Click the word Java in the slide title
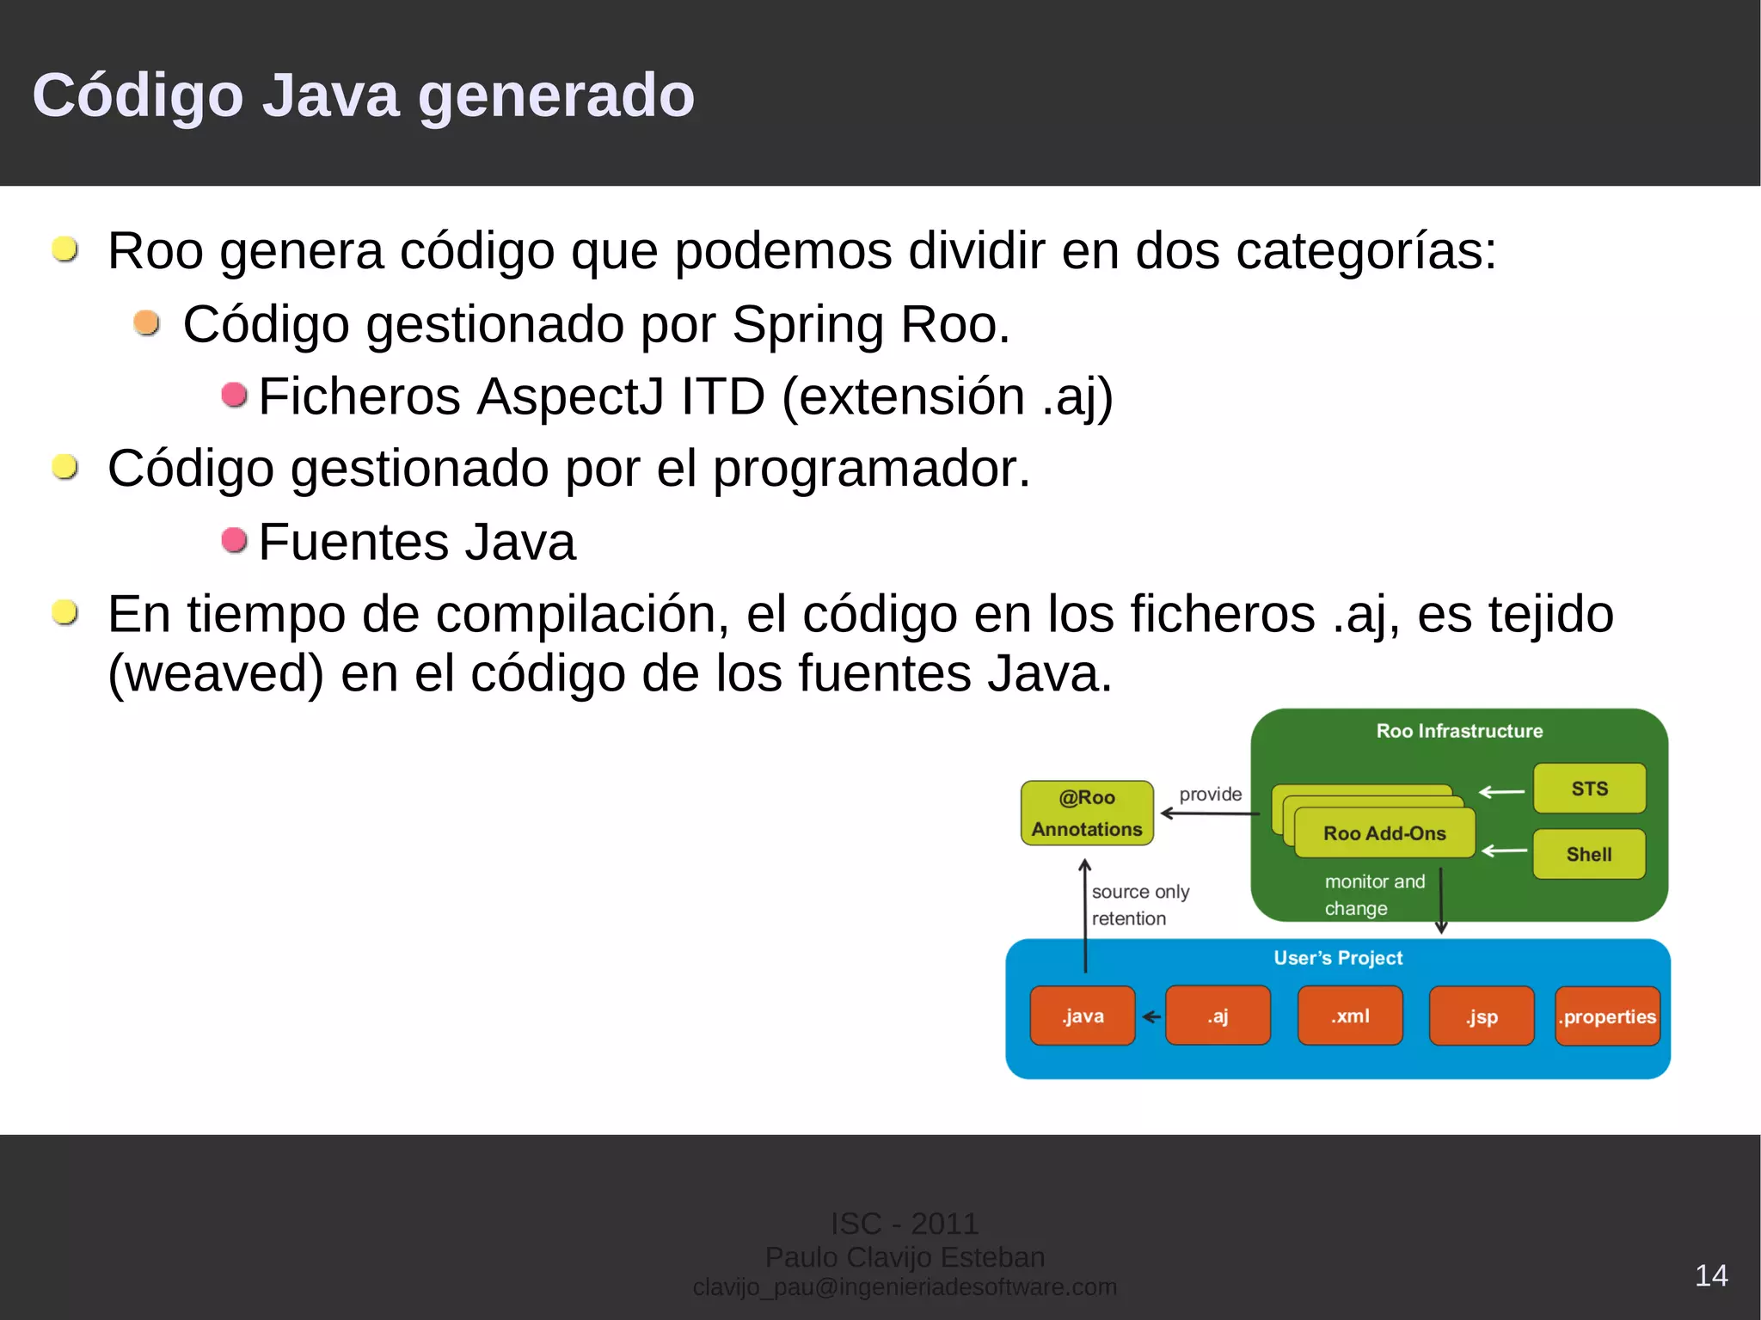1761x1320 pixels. click(330, 95)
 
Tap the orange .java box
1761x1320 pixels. click(1082, 1016)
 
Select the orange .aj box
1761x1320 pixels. click(1218, 1016)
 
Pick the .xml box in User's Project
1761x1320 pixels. click(1350, 1016)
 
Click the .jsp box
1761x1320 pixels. click(1482, 1016)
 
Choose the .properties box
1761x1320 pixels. click(1607, 1016)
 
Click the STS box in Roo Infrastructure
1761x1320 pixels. click(1589, 789)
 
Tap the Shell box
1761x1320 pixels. click(1589, 854)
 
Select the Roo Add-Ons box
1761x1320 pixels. click(1384, 832)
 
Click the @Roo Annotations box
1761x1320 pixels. click(1087, 813)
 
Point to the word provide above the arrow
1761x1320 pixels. click(1210, 794)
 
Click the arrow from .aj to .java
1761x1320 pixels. click(1150, 1016)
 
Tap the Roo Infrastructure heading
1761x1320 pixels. click(1459, 731)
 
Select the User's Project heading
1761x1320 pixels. click(1338, 957)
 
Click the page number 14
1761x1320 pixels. click(1710, 1275)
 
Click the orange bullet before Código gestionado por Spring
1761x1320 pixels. click(147, 322)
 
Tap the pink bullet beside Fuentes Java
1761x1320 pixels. click(234, 540)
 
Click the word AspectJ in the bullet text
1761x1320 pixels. click(569, 396)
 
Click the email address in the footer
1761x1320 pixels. click(905, 1286)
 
